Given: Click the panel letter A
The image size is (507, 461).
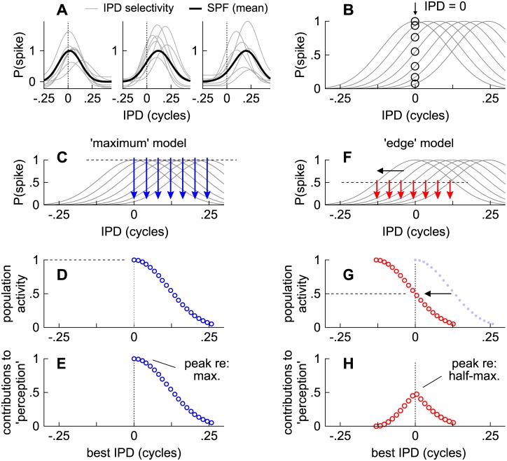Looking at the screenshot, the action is point(62,11).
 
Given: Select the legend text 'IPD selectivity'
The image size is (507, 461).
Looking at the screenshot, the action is point(139,8).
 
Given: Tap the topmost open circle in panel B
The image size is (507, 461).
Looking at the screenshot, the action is point(415,22).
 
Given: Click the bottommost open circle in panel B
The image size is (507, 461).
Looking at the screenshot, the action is point(415,84).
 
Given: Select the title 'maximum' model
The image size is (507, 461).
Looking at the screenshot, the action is point(138,143).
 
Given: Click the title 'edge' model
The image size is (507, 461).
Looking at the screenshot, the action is point(419,143).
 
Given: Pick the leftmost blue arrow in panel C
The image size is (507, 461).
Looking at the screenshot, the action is point(134,178).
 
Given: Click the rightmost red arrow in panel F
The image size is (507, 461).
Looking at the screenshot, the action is point(450,191).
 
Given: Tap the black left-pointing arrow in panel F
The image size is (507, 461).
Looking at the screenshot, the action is point(391,170).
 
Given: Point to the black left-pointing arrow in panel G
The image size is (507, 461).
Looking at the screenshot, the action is point(438,294).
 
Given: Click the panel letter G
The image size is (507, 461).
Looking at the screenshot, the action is point(349,275).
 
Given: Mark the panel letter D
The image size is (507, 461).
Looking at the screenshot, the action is point(62,275).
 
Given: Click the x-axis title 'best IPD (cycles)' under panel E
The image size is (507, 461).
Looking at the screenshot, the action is point(134,453).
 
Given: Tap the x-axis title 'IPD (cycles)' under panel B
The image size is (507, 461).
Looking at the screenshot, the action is point(415,116).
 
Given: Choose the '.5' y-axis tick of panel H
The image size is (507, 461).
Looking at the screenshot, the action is point(317,392).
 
